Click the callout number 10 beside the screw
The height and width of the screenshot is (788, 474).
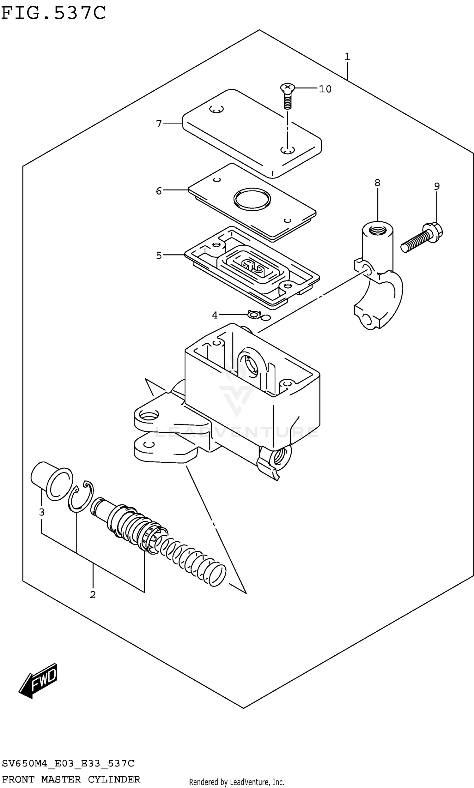click(x=325, y=89)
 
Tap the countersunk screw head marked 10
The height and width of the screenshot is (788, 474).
click(x=287, y=87)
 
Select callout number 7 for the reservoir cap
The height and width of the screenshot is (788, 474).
click(x=159, y=123)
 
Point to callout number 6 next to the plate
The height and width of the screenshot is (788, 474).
click(x=159, y=191)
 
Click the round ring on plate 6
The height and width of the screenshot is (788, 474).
click(x=252, y=199)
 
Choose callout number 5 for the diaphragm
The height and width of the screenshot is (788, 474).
click(x=159, y=255)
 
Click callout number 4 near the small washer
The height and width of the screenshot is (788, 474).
click(x=215, y=315)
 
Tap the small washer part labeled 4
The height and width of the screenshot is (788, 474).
click(x=254, y=315)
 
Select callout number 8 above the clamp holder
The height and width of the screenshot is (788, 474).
click(x=377, y=183)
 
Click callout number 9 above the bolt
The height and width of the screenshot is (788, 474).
click(x=437, y=186)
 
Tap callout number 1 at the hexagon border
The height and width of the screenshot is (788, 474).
click(x=347, y=57)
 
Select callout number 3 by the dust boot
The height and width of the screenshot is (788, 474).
click(x=41, y=512)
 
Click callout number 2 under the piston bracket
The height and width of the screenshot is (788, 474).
click(x=93, y=595)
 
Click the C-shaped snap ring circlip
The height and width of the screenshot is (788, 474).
click(x=81, y=496)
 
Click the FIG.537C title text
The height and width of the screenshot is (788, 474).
click(x=53, y=13)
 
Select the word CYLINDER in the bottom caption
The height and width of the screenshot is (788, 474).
click(x=114, y=779)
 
